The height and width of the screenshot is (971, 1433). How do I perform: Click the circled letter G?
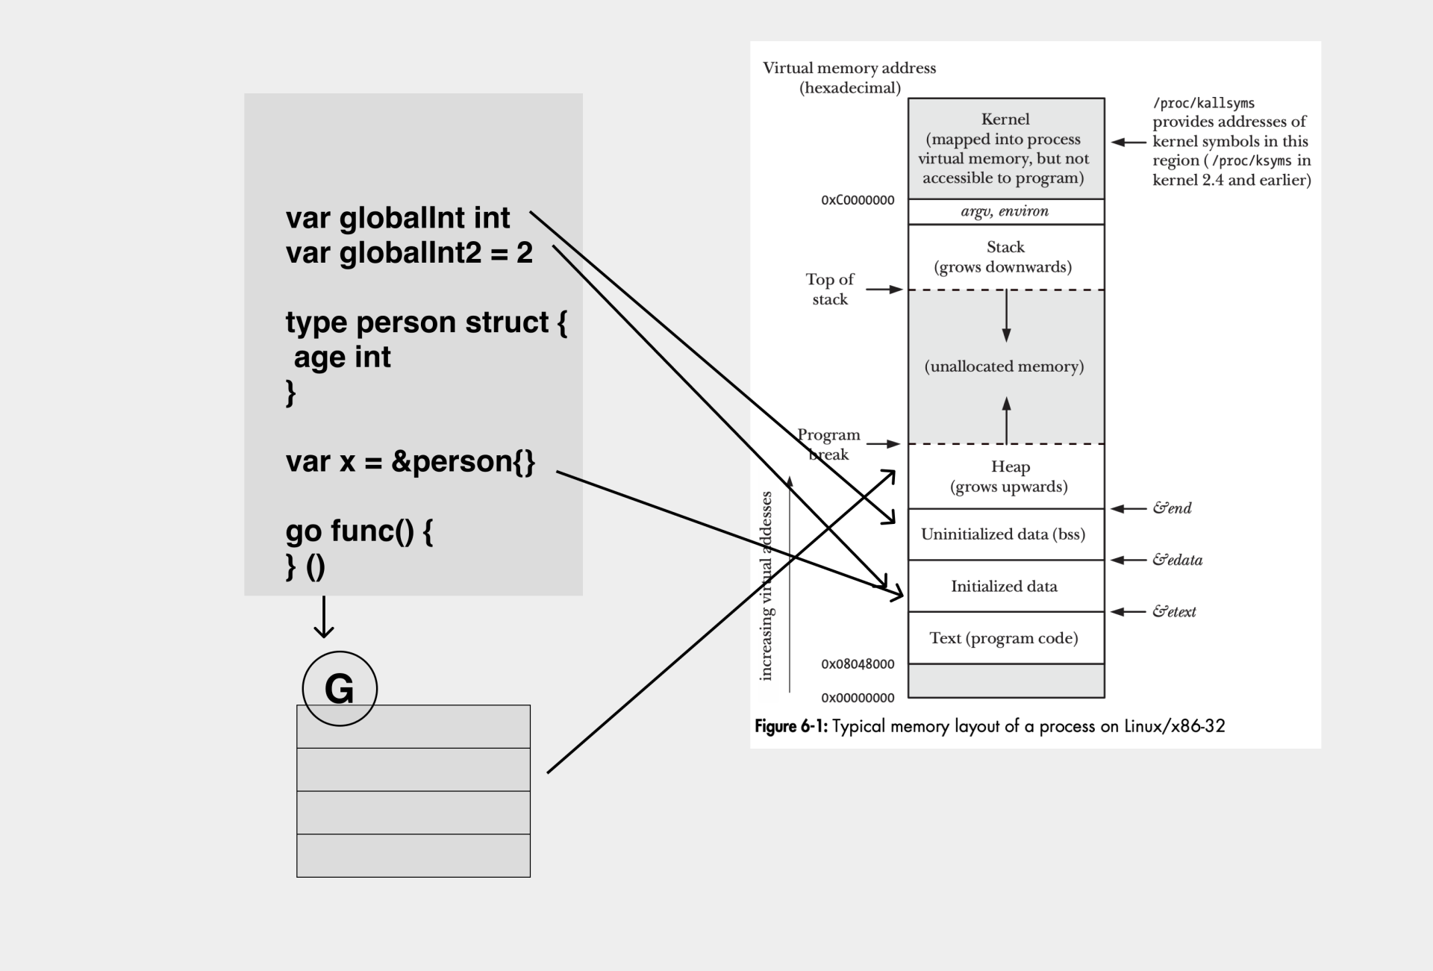[340, 688]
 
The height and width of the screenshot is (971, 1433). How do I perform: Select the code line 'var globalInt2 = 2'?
[409, 252]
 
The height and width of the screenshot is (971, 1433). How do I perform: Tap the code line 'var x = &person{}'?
[410, 461]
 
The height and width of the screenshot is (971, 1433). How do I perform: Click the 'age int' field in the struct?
[342, 357]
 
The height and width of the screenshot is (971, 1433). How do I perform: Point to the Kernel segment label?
[1005, 119]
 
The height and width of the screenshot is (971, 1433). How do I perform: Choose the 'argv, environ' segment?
[1005, 211]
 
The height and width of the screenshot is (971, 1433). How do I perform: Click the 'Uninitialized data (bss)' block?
[1003, 534]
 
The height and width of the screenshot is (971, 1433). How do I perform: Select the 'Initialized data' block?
[1004, 587]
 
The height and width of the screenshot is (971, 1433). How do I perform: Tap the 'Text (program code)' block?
[1004, 638]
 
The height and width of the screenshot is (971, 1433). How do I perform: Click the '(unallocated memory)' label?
[1004, 366]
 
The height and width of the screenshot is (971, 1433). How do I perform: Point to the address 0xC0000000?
[858, 200]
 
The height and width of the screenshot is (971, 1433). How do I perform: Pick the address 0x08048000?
[858, 664]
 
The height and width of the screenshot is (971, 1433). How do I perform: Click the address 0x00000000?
[858, 698]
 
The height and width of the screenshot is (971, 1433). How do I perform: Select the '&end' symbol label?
[1172, 508]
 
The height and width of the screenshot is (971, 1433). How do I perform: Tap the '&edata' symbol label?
[1177, 560]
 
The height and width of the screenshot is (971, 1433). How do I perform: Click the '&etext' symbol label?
[1174, 612]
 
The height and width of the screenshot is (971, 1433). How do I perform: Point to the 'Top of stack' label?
[830, 289]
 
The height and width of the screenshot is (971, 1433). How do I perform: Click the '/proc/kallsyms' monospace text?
[1203, 103]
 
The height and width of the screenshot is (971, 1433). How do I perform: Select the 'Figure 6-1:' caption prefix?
[791, 726]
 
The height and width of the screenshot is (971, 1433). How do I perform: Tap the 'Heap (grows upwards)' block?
[1009, 476]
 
